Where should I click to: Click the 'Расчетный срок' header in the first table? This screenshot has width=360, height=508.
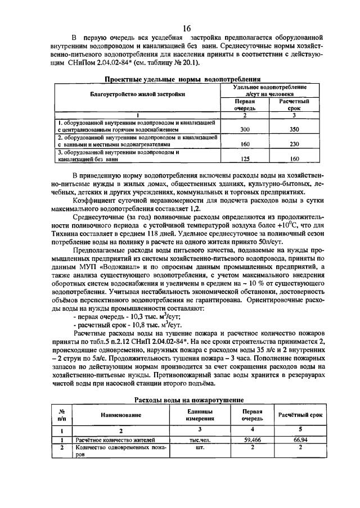tap(295, 106)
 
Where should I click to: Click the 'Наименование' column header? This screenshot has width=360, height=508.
tap(121, 414)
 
